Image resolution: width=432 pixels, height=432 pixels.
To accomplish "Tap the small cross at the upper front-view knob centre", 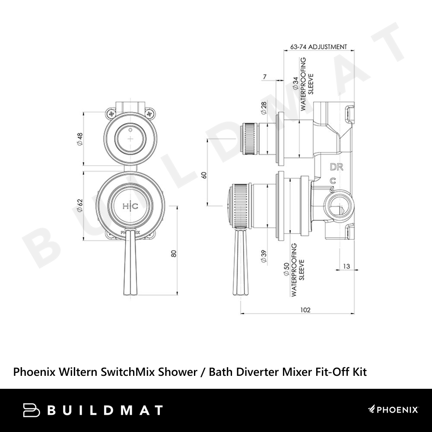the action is click(130, 139).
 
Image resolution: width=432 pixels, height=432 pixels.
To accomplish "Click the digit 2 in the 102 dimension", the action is click(308, 310).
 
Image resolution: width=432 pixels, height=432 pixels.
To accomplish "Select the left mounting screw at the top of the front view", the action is click(111, 113).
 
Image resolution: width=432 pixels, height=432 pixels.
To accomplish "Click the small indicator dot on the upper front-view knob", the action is click(130, 129).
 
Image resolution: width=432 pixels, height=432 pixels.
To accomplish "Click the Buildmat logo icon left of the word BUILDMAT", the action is click(32, 410).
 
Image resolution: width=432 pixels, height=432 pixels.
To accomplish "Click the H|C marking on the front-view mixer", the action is click(130, 206).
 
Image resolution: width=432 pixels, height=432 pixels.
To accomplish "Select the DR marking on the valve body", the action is click(337, 167).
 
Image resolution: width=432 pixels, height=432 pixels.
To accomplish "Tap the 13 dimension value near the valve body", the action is click(346, 266).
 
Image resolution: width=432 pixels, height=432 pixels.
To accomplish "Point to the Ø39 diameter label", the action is click(264, 256).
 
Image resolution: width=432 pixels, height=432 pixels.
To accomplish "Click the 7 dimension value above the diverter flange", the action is click(265, 76).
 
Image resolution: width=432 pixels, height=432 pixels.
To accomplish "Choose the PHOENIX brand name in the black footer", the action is click(397, 410).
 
